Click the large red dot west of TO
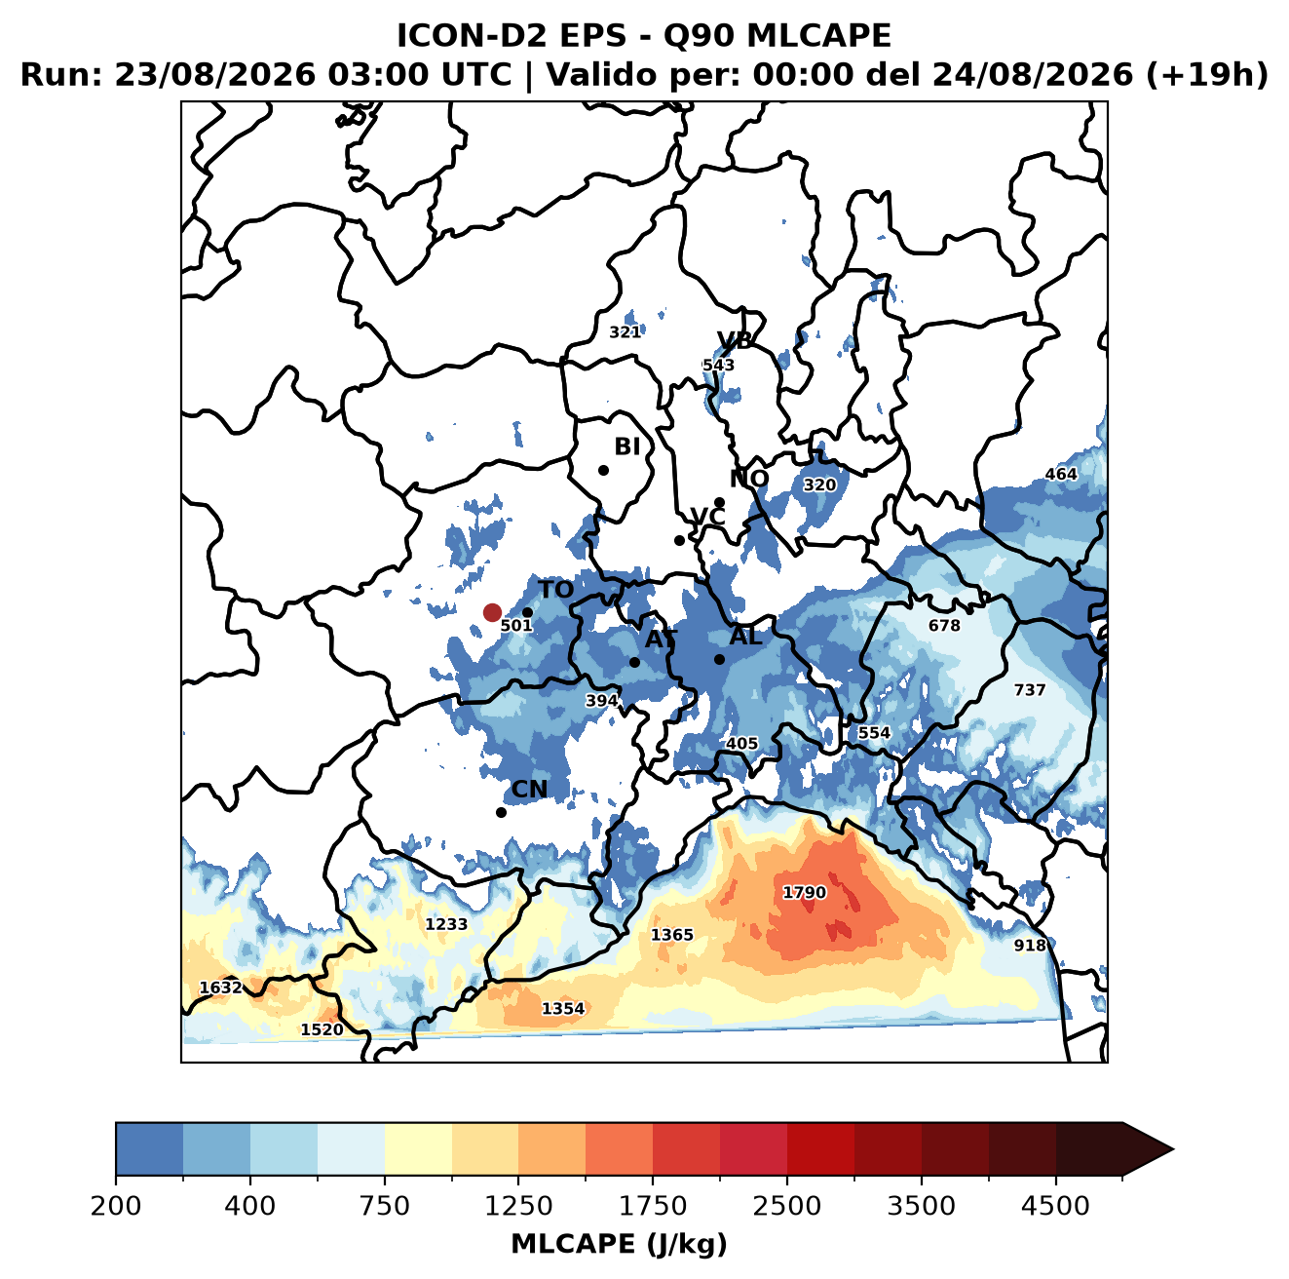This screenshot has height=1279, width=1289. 492,612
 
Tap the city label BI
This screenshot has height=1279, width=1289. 626,446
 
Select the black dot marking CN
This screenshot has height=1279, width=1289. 501,812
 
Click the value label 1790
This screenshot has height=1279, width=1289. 804,892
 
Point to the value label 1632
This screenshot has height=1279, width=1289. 221,988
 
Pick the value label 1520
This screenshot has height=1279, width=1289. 322,1029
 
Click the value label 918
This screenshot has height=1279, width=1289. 1030,945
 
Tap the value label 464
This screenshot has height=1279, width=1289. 1061,474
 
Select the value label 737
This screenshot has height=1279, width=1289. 1030,689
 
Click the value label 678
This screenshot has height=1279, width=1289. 944,625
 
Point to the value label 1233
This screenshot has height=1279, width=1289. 446,924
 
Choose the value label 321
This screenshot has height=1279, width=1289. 625,332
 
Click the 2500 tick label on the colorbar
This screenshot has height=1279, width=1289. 786,1205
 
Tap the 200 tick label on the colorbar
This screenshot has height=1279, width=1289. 116,1205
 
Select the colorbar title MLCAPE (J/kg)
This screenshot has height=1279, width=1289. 619,1244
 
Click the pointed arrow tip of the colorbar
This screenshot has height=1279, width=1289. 1173,1149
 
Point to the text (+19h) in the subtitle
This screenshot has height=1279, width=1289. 1207,75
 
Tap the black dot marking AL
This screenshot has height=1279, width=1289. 719,659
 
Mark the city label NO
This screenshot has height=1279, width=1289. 748,479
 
